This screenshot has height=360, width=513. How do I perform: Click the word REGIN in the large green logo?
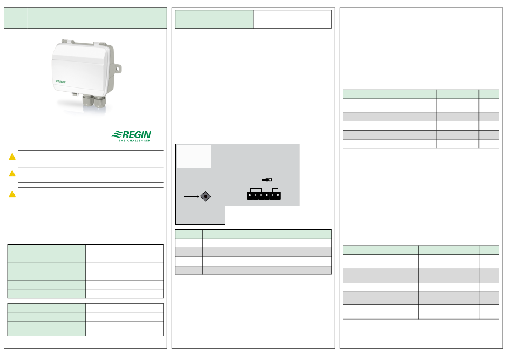pyautogui.click(x=137, y=135)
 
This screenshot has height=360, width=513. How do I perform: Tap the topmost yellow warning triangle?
pyautogui.click(x=12, y=157)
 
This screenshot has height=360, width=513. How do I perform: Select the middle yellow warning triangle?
pyautogui.click(x=12, y=173)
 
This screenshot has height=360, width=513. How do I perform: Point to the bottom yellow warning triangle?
pyautogui.click(x=12, y=194)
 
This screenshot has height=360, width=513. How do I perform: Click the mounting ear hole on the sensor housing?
pyautogui.click(x=118, y=69)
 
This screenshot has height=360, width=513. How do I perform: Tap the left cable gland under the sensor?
pyautogui.click(x=87, y=100)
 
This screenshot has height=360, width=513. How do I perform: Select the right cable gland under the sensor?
pyautogui.click(x=99, y=101)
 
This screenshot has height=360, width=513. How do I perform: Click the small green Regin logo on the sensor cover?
pyautogui.click(x=60, y=81)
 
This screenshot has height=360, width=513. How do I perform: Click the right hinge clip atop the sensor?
pyautogui.click(x=99, y=44)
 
